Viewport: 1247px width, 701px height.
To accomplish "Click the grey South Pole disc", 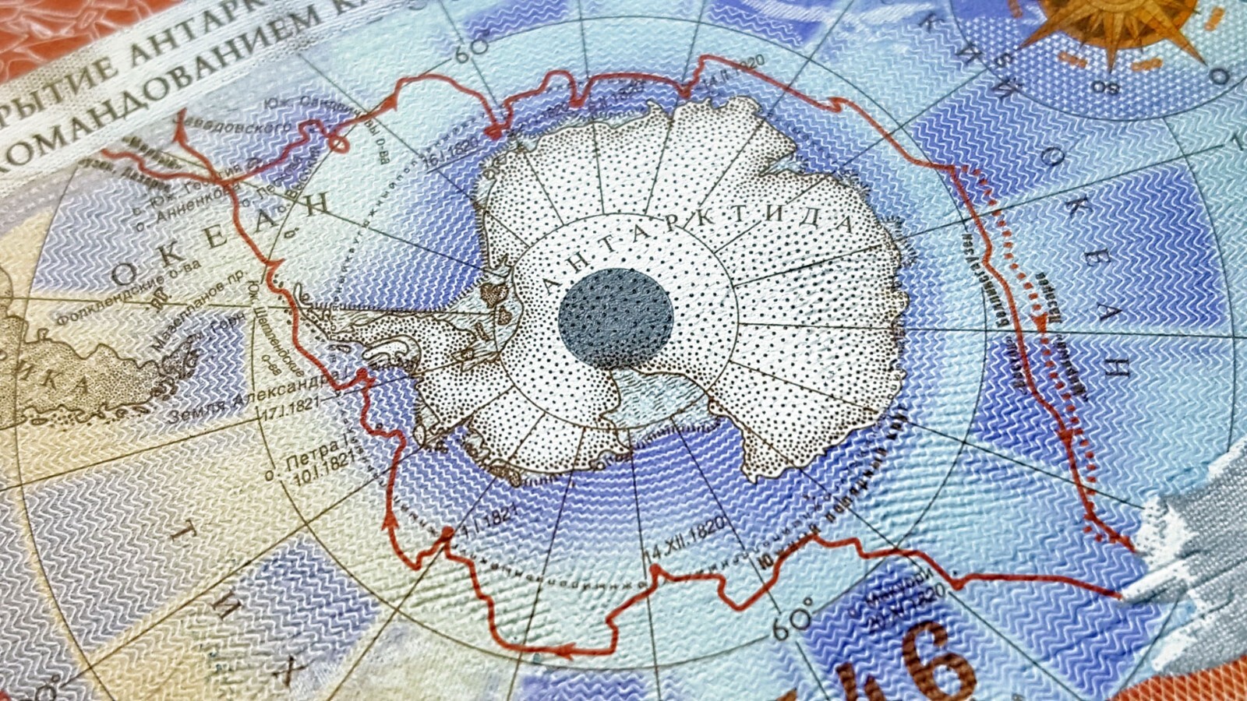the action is pos(616,318).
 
